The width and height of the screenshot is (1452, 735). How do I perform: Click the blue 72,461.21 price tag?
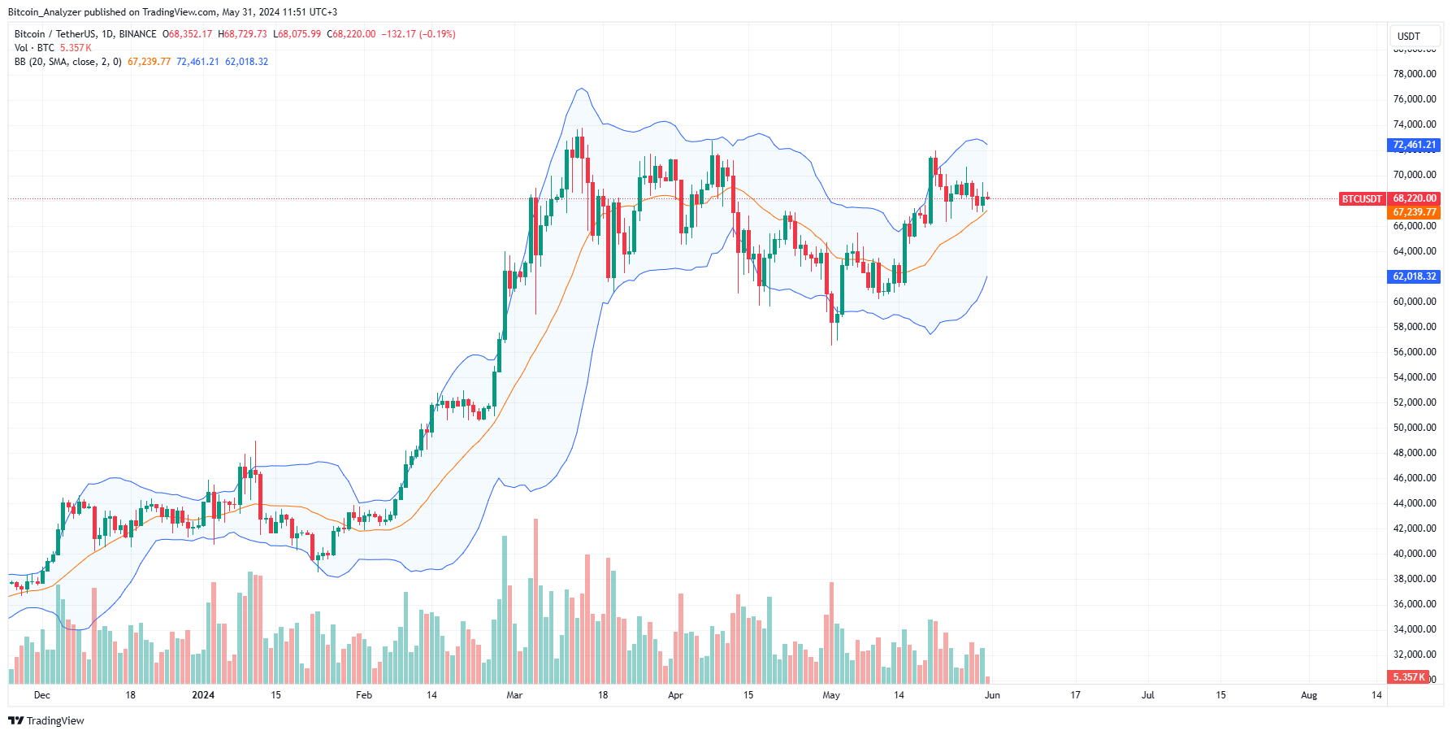point(1414,145)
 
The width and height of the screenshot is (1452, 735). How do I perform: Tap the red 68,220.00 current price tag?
point(1414,198)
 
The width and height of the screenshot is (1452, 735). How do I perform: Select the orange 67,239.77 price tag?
point(1414,212)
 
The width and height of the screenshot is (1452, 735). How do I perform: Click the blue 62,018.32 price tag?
point(1414,276)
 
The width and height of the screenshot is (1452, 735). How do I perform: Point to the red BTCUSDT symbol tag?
point(1361,198)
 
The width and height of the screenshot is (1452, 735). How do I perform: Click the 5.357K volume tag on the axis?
point(1408,677)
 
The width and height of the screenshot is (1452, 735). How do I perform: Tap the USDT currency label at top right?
point(1408,37)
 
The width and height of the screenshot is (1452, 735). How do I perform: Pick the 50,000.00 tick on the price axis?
point(1414,428)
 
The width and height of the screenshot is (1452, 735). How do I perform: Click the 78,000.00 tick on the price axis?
point(1414,74)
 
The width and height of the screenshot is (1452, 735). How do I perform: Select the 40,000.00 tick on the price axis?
point(1414,554)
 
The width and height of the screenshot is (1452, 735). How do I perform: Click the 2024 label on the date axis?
point(203,695)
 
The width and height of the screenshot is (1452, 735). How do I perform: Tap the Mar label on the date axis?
point(514,695)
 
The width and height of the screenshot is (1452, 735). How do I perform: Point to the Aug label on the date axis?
point(1308,695)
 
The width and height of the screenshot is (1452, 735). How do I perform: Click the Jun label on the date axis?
point(992,695)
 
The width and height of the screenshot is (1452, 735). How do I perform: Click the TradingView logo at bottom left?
point(46,721)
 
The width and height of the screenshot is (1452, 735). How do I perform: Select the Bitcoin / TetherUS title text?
point(54,34)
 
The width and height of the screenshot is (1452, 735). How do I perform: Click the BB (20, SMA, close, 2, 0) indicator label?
point(68,62)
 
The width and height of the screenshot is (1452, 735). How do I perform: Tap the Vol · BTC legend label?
point(34,48)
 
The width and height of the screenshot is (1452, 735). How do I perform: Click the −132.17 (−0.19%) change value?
point(419,34)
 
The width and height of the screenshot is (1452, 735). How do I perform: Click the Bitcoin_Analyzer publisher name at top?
point(44,12)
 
